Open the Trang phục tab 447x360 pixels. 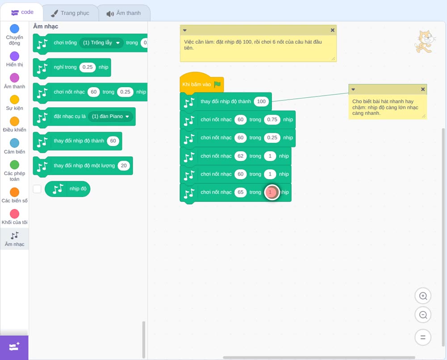point(70,13)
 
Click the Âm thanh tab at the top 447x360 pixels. point(124,13)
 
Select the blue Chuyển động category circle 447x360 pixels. point(15,29)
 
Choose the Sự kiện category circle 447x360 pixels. point(15,100)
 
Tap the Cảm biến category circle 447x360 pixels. point(15,143)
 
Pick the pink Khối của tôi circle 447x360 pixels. point(15,213)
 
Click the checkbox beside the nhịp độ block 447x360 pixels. point(37,189)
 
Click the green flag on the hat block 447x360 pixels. point(217,84)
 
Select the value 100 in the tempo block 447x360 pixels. point(261,101)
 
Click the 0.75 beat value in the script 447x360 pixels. point(272,120)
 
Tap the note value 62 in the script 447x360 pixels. point(240,156)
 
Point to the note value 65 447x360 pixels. point(240,192)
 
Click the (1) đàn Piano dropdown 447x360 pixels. point(110,116)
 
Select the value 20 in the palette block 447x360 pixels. point(124,165)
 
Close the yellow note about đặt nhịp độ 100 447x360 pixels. point(333,30)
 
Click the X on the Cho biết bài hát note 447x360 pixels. point(423,89)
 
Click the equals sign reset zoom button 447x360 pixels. point(423,337)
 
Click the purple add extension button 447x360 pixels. point(14,347)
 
